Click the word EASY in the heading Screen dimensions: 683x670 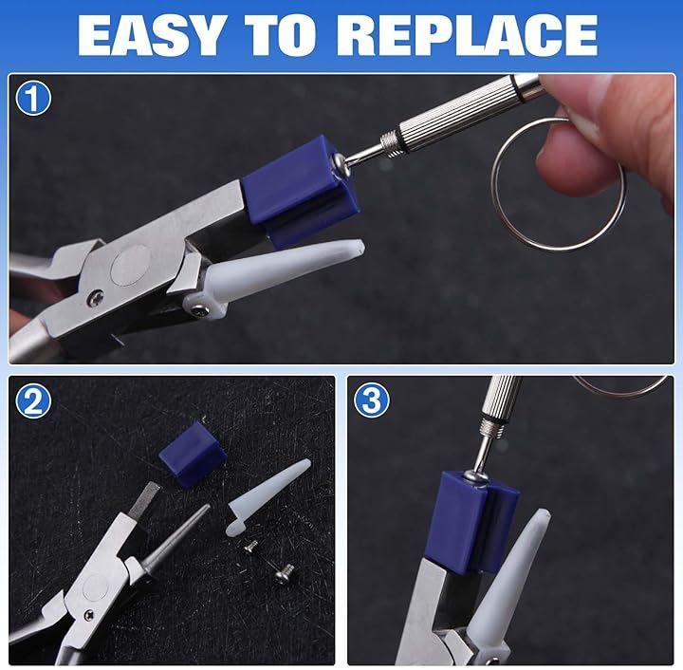[x=150, y=36]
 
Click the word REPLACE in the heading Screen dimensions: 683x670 [x=468, y=36]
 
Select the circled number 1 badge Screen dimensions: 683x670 [x=33, y=99]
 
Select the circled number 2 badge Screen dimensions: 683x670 [x=33, y=400]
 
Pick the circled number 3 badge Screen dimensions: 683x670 [x=371, y=400]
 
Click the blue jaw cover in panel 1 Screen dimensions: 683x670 [x=302, y=190]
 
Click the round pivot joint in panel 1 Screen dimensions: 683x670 [x=129, y=266]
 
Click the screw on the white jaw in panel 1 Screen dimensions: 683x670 [x=200, y=309]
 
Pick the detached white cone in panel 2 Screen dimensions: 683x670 [x=266, y=497]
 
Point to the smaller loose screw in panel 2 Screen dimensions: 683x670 [x=250, y=547]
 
